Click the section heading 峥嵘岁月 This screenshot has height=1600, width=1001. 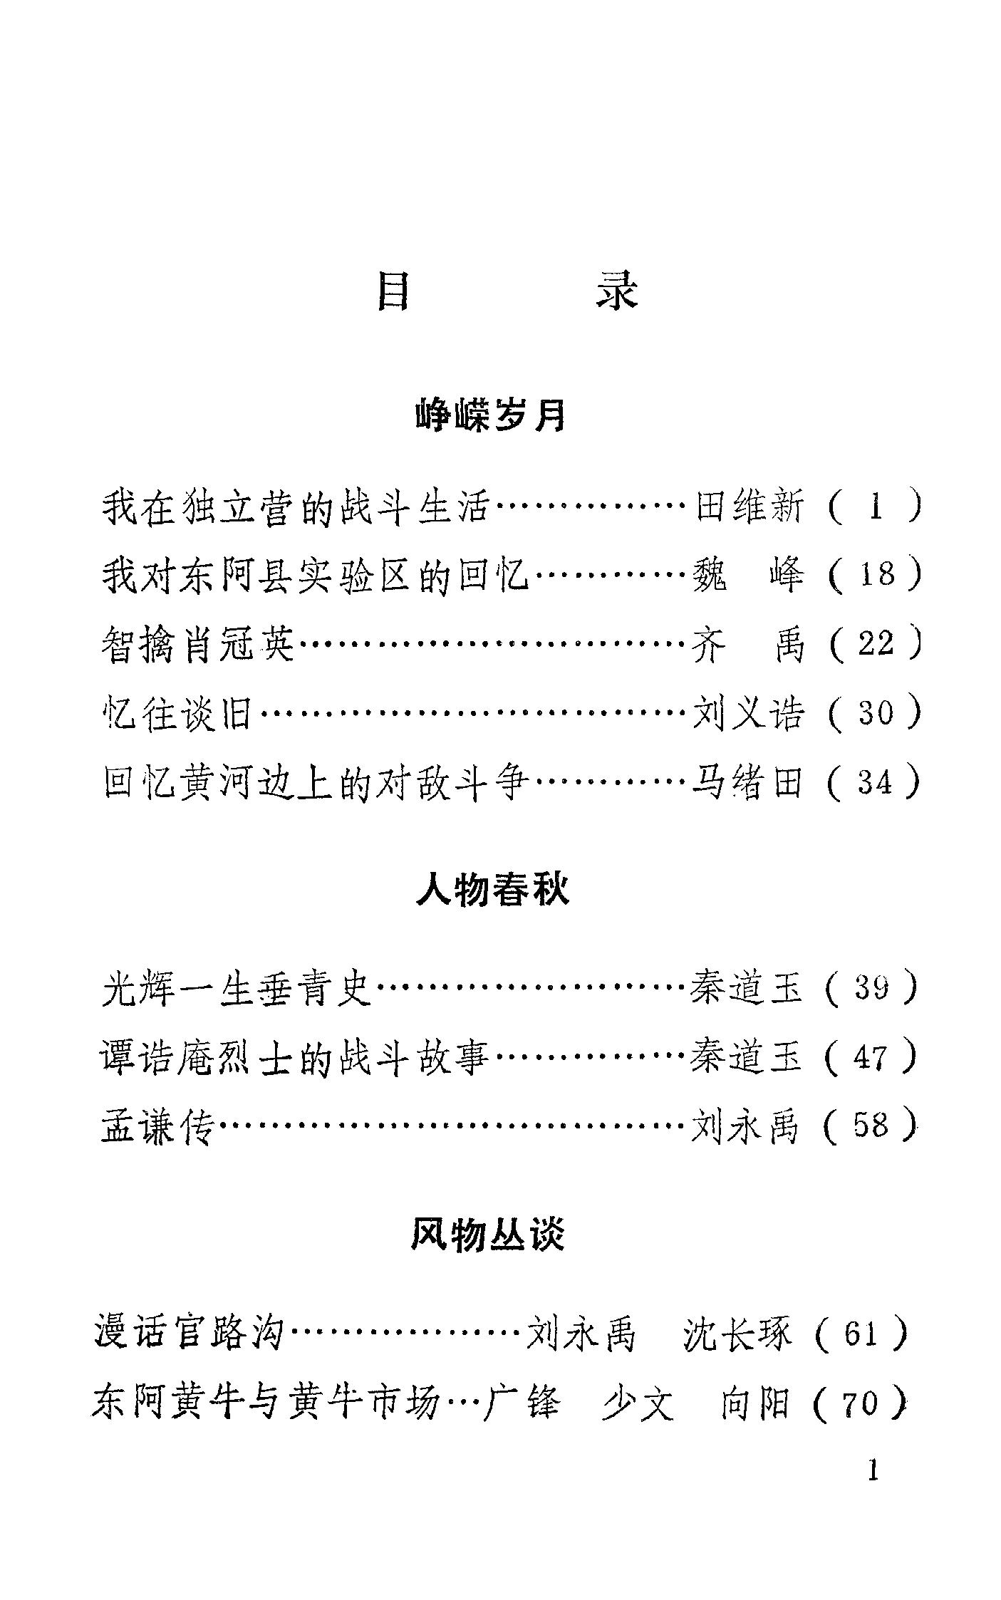pos(491,415)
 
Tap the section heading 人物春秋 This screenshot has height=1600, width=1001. pos(492,890)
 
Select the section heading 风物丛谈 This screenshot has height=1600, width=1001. pos(489,1235)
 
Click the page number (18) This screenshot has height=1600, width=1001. pos(876,575)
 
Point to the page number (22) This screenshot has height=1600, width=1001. pos(876,643)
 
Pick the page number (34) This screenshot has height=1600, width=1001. pos(876,782)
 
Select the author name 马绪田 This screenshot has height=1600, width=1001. pos(747,782)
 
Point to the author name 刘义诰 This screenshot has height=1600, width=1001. pos(749,713)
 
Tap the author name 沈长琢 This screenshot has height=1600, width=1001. pos(737,1334)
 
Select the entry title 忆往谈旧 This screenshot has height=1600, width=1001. pos(178,713)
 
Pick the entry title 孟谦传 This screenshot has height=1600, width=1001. pos(157,1126)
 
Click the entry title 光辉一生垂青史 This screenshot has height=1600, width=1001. pos(237,988)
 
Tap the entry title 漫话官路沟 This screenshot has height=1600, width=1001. pos(189,1334)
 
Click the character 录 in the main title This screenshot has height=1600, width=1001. pos(617,291)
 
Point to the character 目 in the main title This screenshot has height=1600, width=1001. pos(393,291)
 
